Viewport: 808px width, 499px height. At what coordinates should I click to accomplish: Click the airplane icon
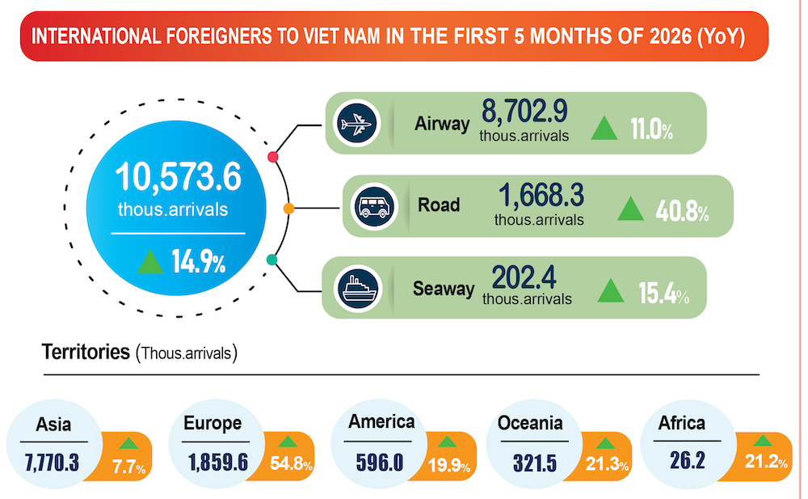click(356, 124)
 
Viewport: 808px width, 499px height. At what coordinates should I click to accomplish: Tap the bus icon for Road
click(374, 206)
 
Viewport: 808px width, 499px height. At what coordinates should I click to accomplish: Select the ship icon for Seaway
click(358, 289)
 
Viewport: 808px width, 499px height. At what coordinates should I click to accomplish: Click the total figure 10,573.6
click(179, 177)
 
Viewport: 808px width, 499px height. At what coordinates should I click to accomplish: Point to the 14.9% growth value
click(199, 261)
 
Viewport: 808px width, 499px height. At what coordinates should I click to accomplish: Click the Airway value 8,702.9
click(524, 111)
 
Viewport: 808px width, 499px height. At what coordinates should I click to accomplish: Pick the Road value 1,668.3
click(541, 195)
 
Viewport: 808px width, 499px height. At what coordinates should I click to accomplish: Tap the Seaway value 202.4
click(524, 277)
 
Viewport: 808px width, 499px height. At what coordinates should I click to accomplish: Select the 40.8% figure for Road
click(682, 210)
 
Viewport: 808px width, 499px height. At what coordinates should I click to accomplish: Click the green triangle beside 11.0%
click(604, 128)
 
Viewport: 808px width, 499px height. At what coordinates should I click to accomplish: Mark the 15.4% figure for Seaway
click(663, 293)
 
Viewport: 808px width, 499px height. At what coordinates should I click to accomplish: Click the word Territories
click(86, 352)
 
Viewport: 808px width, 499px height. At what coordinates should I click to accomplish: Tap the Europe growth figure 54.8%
click(291, 463)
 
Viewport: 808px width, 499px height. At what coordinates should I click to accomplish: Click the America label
click(381, 421)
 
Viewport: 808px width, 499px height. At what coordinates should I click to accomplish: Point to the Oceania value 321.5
click(535, 463)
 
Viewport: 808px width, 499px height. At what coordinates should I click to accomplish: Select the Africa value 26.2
click(688, 460)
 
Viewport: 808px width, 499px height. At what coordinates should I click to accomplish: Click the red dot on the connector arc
click(273, 157)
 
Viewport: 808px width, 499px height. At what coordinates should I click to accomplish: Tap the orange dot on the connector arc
click(289, 209)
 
